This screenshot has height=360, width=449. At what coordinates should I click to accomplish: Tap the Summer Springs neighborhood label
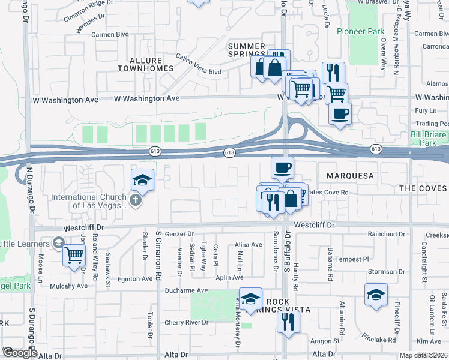tap(246, 50)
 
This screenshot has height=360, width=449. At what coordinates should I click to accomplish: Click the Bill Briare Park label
tap(429, 139)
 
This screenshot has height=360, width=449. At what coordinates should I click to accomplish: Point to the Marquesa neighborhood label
tap(351, 176)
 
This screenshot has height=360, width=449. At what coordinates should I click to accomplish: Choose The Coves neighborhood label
tap(424, 188)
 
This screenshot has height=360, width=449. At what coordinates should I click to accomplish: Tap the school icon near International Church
tap(142, 179)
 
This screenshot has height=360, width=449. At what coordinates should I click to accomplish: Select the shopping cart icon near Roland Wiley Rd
tap(74, 255)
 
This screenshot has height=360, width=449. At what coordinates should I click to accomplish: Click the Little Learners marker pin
tap(58, 243)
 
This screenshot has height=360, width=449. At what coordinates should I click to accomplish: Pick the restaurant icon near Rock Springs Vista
tap(288, 322)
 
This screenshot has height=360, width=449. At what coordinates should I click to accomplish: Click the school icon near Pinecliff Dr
tap(376, 294)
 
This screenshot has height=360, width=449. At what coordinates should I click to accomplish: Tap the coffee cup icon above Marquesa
tap(282, 167)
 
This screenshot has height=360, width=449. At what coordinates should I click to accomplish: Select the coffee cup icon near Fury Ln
tap(340, 113)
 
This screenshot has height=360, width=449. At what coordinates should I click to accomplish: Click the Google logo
tap(20, 353)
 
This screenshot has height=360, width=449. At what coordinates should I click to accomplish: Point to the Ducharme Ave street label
tap(186, 290)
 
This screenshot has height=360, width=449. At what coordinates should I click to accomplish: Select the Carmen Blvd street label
tap(111, 34)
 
